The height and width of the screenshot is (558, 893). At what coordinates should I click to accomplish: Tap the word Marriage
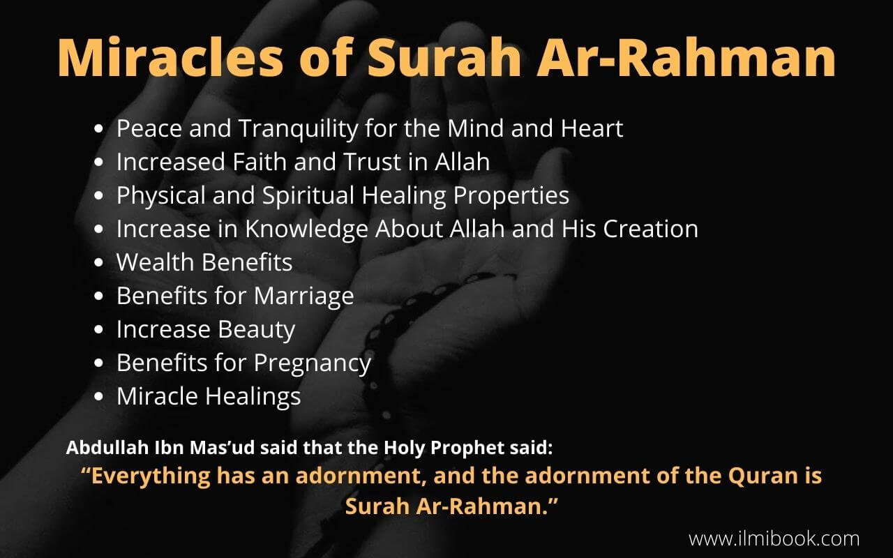coord(303,296)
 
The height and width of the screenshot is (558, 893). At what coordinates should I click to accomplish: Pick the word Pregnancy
coord(312,363)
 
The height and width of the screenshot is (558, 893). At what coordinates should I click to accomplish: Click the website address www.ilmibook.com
coord(774,538)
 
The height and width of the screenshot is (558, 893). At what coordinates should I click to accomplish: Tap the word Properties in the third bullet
coord(511,196)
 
